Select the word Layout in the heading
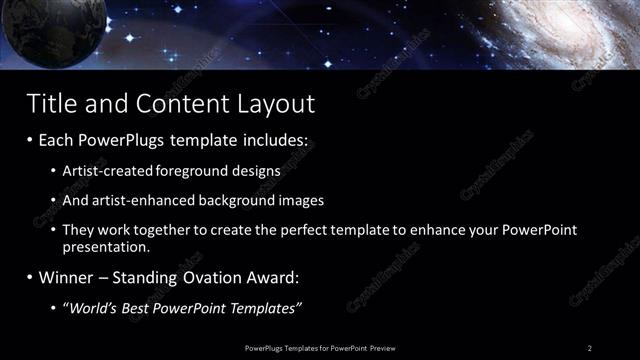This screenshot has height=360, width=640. click(276, 103)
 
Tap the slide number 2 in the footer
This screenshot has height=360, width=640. click(590, 347)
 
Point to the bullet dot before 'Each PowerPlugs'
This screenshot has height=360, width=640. click(31, 141)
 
